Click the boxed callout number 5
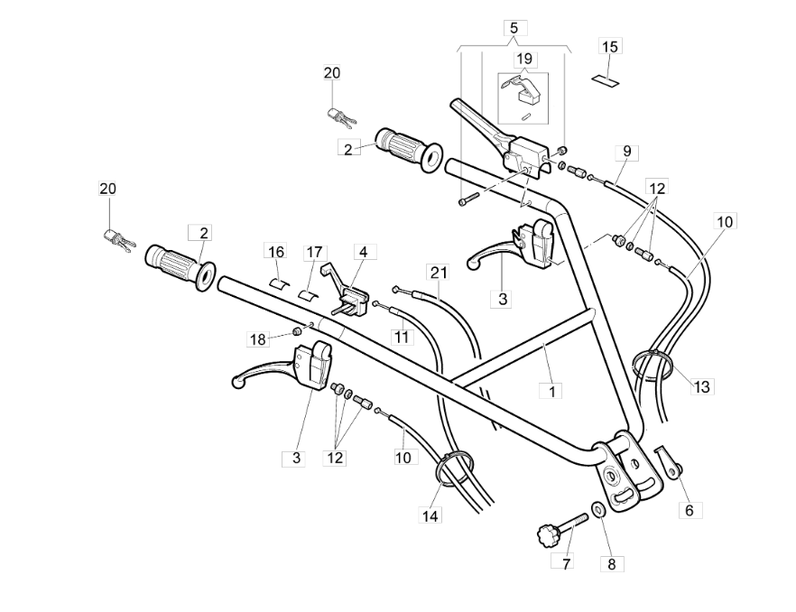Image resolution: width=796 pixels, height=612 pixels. [x=514, y=28]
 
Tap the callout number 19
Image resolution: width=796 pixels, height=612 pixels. [x=524, y=60]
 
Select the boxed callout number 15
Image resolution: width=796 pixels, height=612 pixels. [x=610, y=46]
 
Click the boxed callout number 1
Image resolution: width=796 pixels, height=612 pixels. [x=551, y=391]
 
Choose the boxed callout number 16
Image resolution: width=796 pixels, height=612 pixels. [x=275, y=251]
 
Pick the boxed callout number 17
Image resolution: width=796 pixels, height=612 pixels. [x=315, y=251]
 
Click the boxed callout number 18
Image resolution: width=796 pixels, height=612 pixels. [x=259, y=338]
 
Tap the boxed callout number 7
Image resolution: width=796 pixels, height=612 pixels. [x=566, y=561]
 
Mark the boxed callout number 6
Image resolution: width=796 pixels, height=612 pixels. [x=690, y=510]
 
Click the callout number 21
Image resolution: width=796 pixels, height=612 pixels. [x=439, y=272]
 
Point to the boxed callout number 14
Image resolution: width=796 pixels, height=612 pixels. [x=430, y=515]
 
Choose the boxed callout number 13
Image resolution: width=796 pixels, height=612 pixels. [x=702, y=386]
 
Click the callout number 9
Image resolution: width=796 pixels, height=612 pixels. [x=625, y=151]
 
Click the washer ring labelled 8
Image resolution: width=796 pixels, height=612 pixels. [x=598, y=512]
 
